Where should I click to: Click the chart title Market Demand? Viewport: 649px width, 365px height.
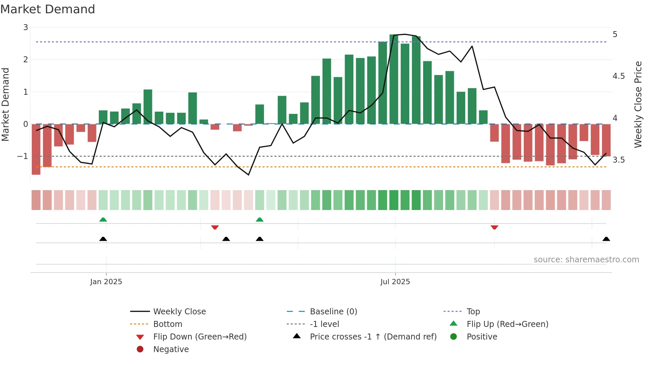(48, 9)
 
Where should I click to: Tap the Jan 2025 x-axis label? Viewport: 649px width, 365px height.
(106, 282)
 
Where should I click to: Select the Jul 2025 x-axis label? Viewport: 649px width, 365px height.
(395, 282)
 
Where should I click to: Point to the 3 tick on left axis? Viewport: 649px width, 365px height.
(25, 27)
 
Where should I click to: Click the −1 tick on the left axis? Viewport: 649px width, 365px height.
(23, 156)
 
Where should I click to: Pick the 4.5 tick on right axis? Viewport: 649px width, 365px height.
(619, 76)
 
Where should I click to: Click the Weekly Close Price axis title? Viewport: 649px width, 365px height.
(638, 104)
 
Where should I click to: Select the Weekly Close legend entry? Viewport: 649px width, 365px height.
(179, 312)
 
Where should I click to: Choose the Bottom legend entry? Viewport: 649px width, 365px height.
(168, 324)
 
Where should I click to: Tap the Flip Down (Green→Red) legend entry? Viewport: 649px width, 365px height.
(200, 337)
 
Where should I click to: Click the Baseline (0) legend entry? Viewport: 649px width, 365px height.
(333, 312)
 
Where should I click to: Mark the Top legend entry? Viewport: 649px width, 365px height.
(473, 312)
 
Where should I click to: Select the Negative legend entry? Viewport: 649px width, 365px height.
(171, 349)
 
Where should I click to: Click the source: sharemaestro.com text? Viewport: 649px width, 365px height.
(586, 260)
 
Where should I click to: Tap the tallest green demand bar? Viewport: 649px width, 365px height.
(394, 79)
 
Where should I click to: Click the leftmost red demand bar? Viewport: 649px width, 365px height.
(36, 149)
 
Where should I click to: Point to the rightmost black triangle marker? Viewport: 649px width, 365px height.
(606, 239)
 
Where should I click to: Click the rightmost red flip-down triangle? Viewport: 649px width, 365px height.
(494, 227)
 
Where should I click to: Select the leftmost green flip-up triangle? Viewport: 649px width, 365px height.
(103, 220)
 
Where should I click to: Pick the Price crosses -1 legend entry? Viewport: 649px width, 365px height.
(373, 337)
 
